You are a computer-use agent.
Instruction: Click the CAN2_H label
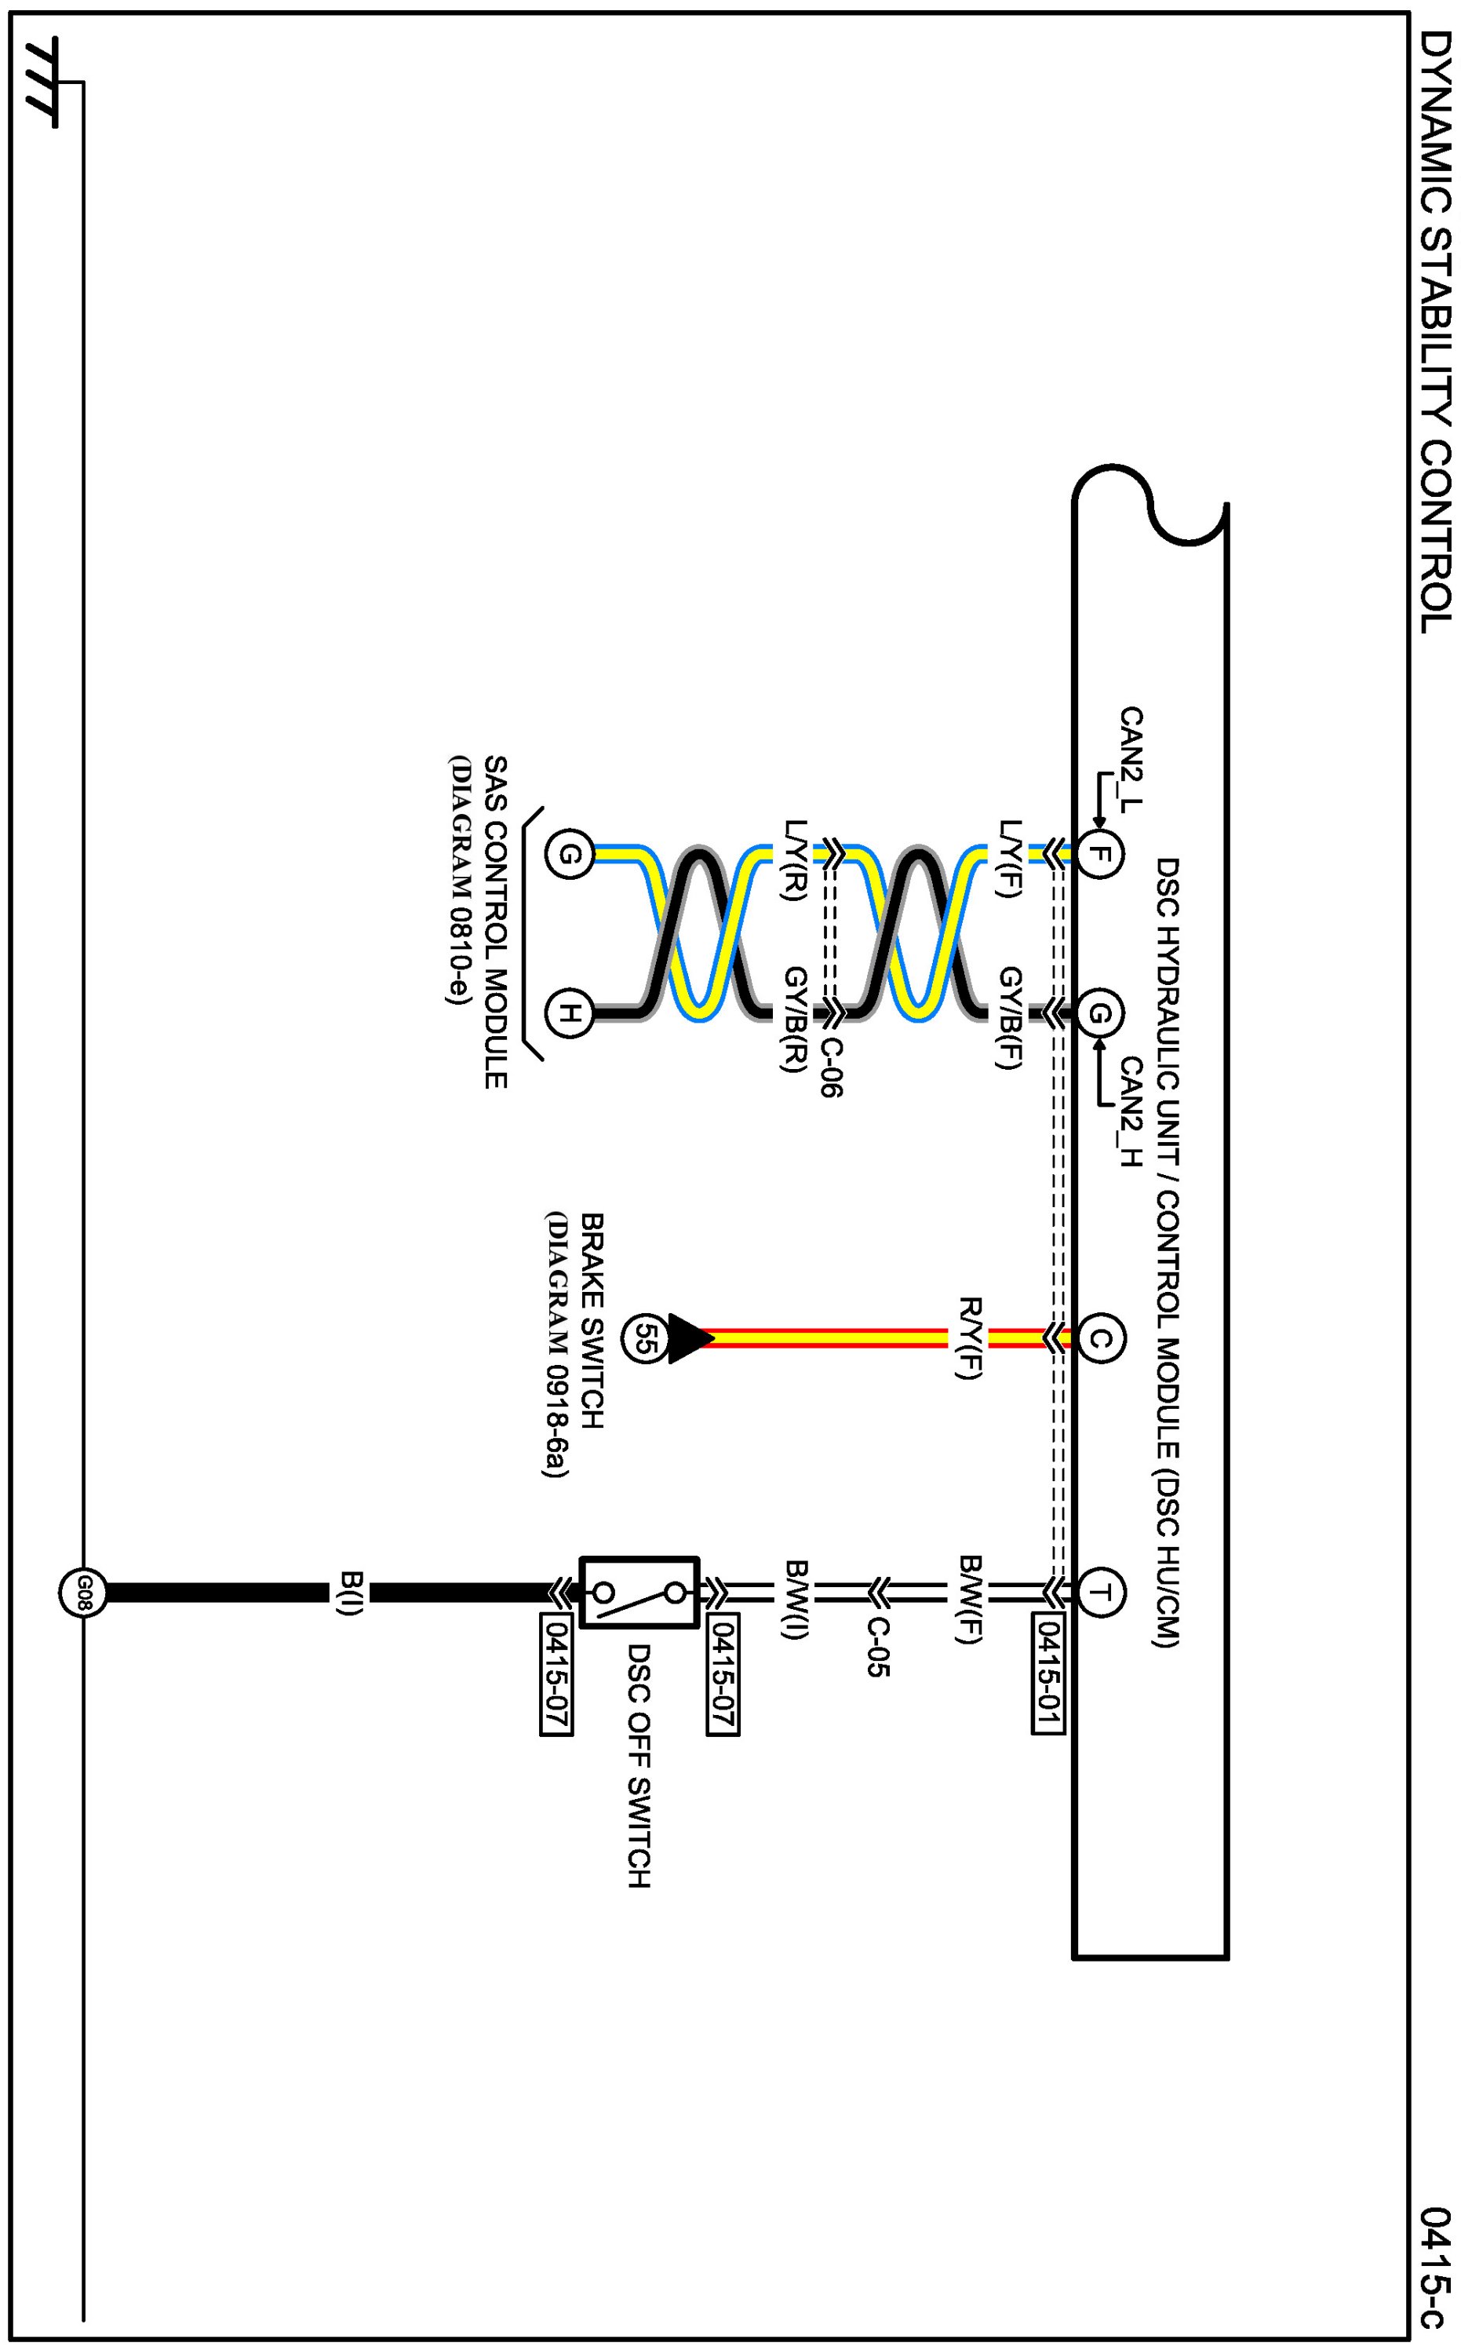(1131, 1112)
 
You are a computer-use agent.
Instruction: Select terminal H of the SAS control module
(569, 1013)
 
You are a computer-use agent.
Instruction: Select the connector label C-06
(831, 1067)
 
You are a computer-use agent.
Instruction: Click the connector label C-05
(877, 1648)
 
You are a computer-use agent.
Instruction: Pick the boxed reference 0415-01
(1047, 1674)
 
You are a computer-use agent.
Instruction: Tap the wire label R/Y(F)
(969, 1337)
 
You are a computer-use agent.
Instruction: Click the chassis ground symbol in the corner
(42, 83)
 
